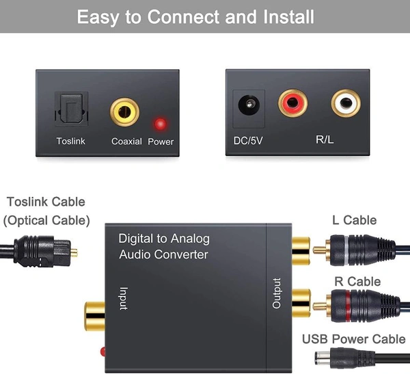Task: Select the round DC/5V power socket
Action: tap(248, 106)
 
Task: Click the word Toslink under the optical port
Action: tap(71, 142)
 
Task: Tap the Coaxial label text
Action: tap(126, 142)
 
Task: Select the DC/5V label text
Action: tap(248, 141)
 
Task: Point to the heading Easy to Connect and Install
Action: tap(205, 16)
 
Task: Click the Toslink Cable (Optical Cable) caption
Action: tap(46, 211)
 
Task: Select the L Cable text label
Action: tap(354, 220)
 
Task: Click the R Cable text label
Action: tap(354, 282)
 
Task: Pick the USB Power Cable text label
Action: tap(354, 340)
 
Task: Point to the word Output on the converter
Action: tap(277, 293)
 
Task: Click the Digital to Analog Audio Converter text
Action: tap(164, 247)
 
